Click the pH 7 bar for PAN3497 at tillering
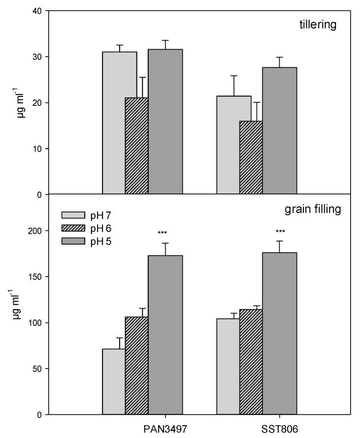click(114, 123)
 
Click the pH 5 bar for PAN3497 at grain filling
click(165, 335)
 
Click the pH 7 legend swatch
click(70, 215)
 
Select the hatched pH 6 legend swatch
click(70, 228)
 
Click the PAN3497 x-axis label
click(159, 429)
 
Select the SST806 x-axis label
click(280, 429)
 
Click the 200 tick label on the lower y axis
click(34, 231)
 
